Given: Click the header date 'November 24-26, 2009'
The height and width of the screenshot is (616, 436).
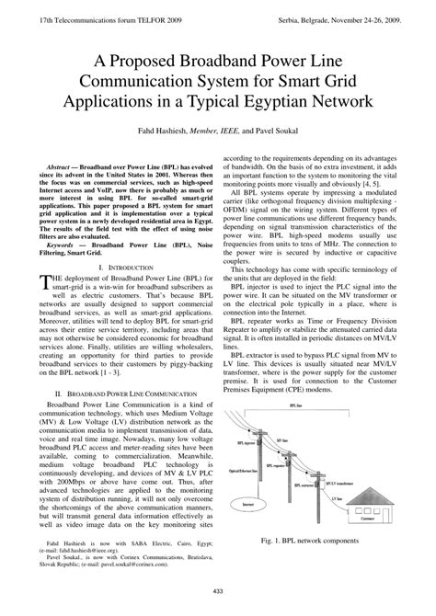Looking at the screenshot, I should point(373,8).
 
